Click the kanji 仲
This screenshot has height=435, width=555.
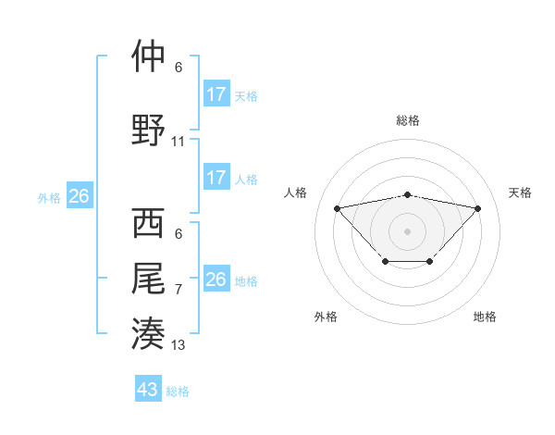click(148, 56)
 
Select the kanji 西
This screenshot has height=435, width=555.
click(148, 224)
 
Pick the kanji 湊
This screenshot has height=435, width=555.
click(148, 331)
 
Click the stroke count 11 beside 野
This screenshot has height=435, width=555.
click(179, 142)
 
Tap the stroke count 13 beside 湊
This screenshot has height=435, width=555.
click(179, 345)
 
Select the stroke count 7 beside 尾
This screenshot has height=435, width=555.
click(179, 290)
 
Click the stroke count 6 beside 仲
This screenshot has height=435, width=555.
click(179, 68)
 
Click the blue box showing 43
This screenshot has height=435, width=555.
click(148, 390)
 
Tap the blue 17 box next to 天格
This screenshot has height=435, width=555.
click(216, 93)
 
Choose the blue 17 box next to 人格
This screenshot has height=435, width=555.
click(216, 177)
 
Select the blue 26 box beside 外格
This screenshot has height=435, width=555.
click(79, 195)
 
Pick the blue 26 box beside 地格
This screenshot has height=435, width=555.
click(216, 279)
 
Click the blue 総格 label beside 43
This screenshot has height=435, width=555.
click(178, 391)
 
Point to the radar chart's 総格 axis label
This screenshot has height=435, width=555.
click(407, 120)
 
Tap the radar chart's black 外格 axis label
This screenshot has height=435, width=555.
click(326, 317)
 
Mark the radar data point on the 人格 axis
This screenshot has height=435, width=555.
click(337, 207)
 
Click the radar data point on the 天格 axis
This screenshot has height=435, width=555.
click(477, 208)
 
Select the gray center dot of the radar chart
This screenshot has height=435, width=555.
click(407, 230)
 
